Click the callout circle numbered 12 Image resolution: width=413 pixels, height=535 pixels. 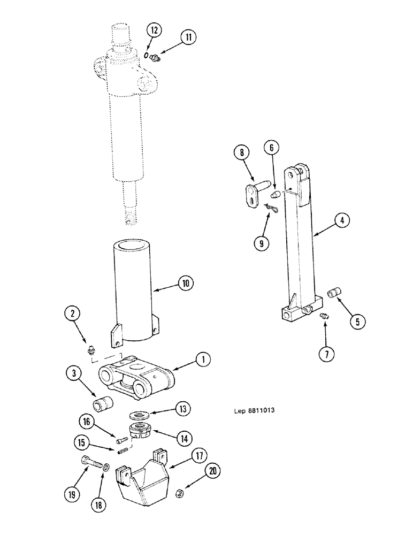tap(154, 30)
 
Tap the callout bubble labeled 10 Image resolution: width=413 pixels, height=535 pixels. tap(185, 284)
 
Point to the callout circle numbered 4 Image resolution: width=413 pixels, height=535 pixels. tap(342, 219)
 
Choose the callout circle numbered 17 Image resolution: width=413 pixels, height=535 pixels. tap(198, 457)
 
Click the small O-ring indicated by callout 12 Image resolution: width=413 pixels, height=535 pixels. tap(147, 53)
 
